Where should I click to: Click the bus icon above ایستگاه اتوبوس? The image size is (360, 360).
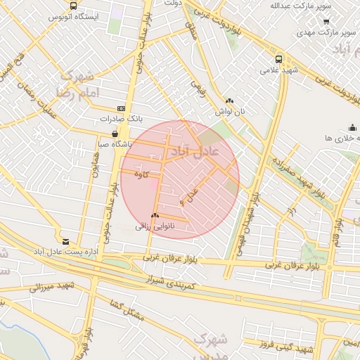point(73,5)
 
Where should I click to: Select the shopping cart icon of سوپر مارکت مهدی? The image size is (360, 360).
point(326,22)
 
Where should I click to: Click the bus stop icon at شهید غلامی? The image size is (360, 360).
point(279,60)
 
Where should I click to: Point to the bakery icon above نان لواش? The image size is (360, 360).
point(229,101)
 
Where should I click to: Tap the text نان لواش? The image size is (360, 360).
point(229,111)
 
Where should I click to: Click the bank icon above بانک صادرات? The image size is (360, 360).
point(121,108)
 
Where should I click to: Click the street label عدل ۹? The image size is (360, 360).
point(190,196)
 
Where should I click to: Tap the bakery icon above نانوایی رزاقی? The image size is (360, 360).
point(155,215)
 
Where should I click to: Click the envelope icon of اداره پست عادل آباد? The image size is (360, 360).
point(65,241)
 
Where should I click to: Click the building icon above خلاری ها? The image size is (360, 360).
point(352,127)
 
